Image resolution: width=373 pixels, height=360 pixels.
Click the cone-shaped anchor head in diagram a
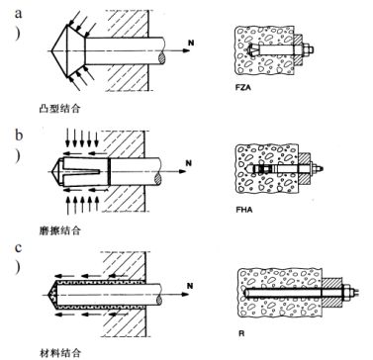(x=64, y=47)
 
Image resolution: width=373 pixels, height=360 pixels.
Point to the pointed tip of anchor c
(x=51, y=294)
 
